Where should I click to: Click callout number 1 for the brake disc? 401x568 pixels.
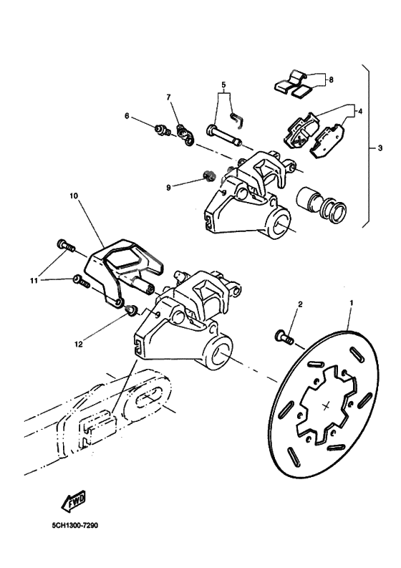[351, 303]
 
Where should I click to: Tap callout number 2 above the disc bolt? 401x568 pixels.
[301, 304]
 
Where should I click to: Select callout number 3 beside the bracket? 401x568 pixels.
[380, 148]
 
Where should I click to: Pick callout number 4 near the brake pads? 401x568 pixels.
[360, 111]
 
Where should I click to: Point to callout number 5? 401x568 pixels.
[224, 85]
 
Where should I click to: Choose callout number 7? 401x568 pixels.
[169, 97]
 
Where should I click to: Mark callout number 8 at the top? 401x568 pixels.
[330, 80]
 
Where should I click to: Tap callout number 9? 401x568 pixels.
[169, 188]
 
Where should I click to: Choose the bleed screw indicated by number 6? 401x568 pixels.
[163, 130]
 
